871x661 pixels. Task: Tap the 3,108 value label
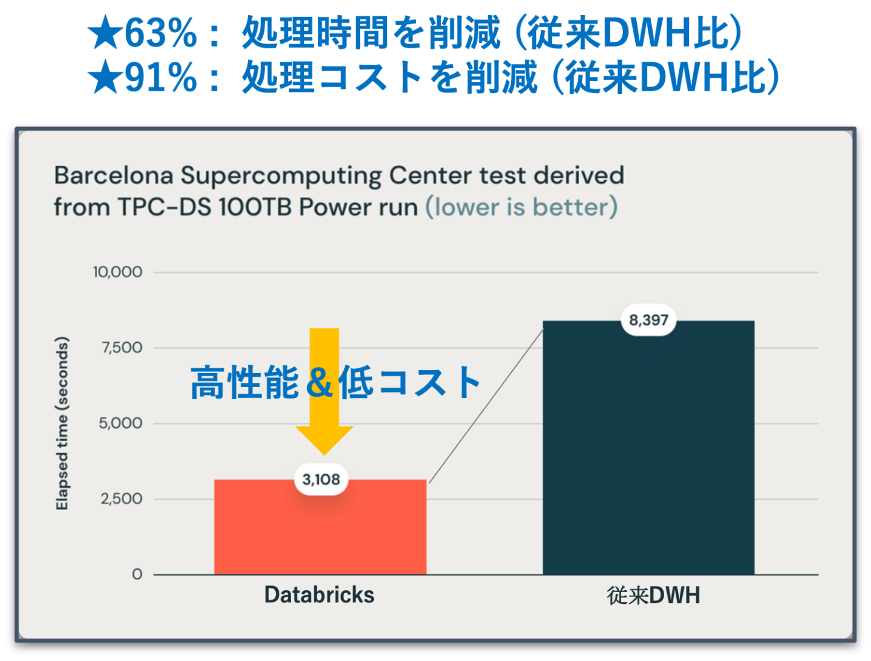coord(321,480)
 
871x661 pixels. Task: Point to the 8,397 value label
coord(648,320)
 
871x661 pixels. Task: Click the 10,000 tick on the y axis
coord(117,272)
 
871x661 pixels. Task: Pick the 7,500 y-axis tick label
coord(122,348)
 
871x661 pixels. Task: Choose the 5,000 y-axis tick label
coord(120,423)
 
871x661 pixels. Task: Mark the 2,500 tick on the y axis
coord(121,499)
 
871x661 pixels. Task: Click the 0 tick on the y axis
coord(137,574)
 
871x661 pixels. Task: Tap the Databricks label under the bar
coord(319,594)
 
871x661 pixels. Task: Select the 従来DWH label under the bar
coord(653,595)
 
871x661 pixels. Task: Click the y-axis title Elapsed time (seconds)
coord(62,423)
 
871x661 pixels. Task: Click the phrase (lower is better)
coord(521,207)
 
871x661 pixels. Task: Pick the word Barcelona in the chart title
coord(114,175)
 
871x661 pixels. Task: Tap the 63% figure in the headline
coord(161,33)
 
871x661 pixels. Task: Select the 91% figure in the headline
coord(161,77)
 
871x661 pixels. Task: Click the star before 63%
coord(105,32)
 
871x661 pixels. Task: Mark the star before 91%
coord(105,76)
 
